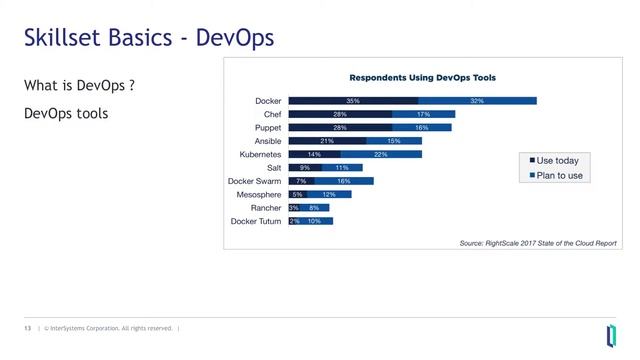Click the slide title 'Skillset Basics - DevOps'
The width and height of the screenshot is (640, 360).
click(x=148, y=39)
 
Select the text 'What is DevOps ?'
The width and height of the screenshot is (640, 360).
click(x=79, y=86)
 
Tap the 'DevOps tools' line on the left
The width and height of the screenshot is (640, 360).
click(x=65, y=114)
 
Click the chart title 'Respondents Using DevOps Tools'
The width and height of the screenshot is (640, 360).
click(x=422, y=77)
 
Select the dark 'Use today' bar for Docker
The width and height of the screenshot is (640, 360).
click(x=352, y=101)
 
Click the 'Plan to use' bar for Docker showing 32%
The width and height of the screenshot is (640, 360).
click(x=477, y=101)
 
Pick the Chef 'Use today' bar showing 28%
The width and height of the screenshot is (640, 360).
click(x=339, y=115)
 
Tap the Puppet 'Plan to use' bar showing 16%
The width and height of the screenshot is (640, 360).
click(x=421, y=128)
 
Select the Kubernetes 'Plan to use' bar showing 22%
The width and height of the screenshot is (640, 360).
click(x=380, y=155)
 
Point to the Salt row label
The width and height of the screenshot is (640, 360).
click(x=271, y=168)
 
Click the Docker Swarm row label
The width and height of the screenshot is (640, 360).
click(x=255, y=181)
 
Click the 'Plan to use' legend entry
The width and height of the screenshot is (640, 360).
click(x=555, y=175)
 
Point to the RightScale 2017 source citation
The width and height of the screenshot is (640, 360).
click(x=538, y=243)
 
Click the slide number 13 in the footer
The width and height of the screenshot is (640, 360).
click(x=28, y=328)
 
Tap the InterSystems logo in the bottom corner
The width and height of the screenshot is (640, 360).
click(x=610, y=333)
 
